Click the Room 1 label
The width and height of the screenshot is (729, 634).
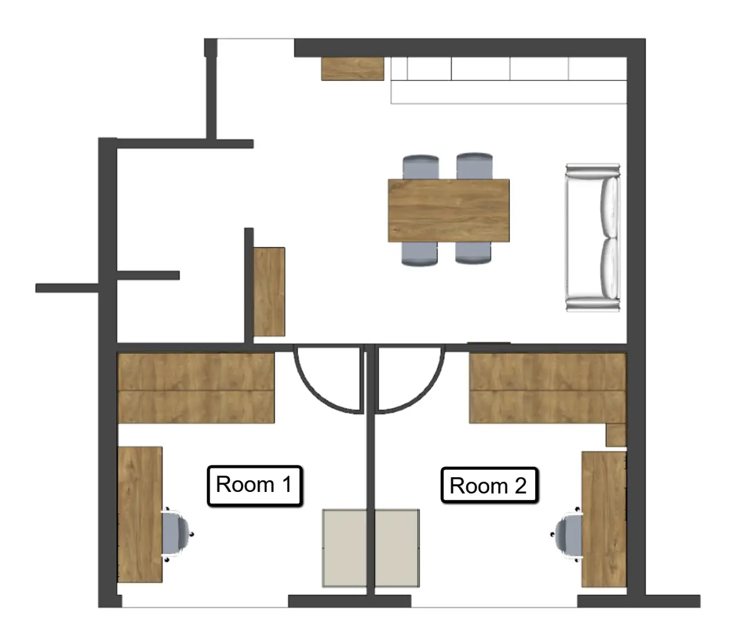254,485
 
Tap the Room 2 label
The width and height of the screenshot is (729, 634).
489,485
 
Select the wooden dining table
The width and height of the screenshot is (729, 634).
449,210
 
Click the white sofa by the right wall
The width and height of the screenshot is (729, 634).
593,237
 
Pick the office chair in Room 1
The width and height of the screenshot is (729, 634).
177,534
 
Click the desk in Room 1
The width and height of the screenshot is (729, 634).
140,520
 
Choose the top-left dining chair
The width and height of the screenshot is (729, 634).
421,167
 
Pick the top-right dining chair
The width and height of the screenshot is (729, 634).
475,166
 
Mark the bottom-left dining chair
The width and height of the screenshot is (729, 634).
420,254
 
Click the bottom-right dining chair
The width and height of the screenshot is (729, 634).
473,253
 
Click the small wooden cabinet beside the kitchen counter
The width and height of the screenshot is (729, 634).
352,69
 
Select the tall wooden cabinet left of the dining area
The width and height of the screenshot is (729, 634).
269,292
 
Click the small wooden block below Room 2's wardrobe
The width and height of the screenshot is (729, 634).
616,434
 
